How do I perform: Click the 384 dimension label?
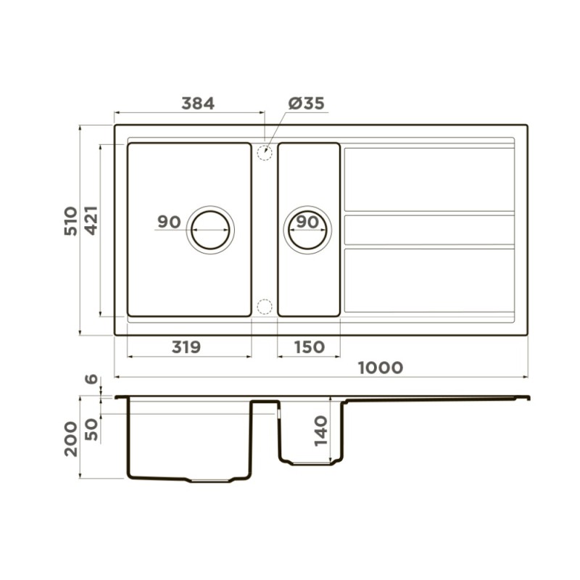tap(198, 104)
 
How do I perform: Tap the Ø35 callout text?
tap(306, 104)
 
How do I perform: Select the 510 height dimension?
tap(71, 221)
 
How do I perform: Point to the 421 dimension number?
tap(91, 220)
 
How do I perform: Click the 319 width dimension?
tap(186, 347)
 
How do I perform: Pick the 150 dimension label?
tap(310, 347)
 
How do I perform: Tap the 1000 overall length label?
tap(381, 368)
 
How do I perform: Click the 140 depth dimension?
tap(321, 431)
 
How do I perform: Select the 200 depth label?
tap(71, 439)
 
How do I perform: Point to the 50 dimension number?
tap(92, 429)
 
